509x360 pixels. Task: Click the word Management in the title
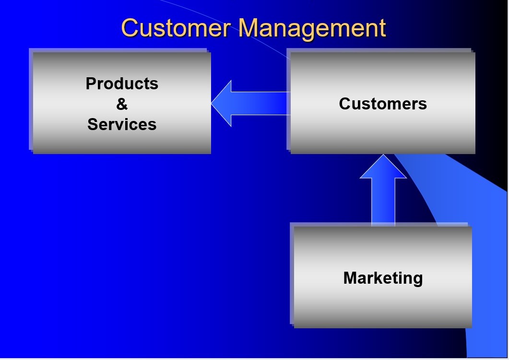point(312,28)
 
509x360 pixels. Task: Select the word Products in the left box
point(122,84)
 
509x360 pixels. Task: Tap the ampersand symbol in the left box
point(122,104)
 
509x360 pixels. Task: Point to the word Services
point(122,124)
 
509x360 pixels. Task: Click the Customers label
point(383,104)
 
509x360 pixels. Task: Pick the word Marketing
point(383,278)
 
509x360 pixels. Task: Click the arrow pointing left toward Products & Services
point(249,103)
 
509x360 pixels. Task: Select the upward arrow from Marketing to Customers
point(383,192)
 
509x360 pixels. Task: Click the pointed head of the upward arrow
point(383,158)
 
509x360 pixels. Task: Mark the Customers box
point(383,134)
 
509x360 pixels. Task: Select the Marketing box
point(383,307)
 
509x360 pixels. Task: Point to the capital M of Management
point(249,28)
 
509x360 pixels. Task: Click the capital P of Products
point(91,84)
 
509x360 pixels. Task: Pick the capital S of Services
point(93,124)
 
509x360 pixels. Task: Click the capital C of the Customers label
point(344,104)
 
